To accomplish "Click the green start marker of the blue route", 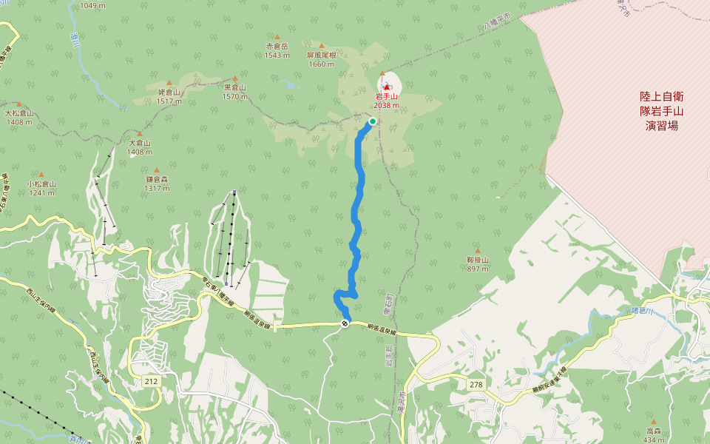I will [373, 121].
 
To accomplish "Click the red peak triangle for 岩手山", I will [386, 87].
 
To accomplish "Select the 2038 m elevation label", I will [386, 105].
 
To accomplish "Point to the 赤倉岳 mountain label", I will [277, 46].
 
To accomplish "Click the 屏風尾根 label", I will [322, 55].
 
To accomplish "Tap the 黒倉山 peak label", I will [234, 87].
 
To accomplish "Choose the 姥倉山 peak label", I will [169, 92].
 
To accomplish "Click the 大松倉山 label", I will [18, 113].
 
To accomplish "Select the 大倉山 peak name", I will [139, 143].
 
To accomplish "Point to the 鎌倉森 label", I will [158, 179].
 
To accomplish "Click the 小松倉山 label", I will [41, 184].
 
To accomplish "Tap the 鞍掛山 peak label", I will [478, 260].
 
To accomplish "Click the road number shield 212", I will [152, 381].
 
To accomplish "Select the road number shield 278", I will [476, 384].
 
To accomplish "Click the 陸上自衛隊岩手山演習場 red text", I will [661, 111].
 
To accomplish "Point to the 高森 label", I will [653, 431].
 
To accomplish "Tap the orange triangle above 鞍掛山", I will [478, 250].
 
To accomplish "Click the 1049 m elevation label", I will [92, 6].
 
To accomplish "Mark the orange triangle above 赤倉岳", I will [277, 36].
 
